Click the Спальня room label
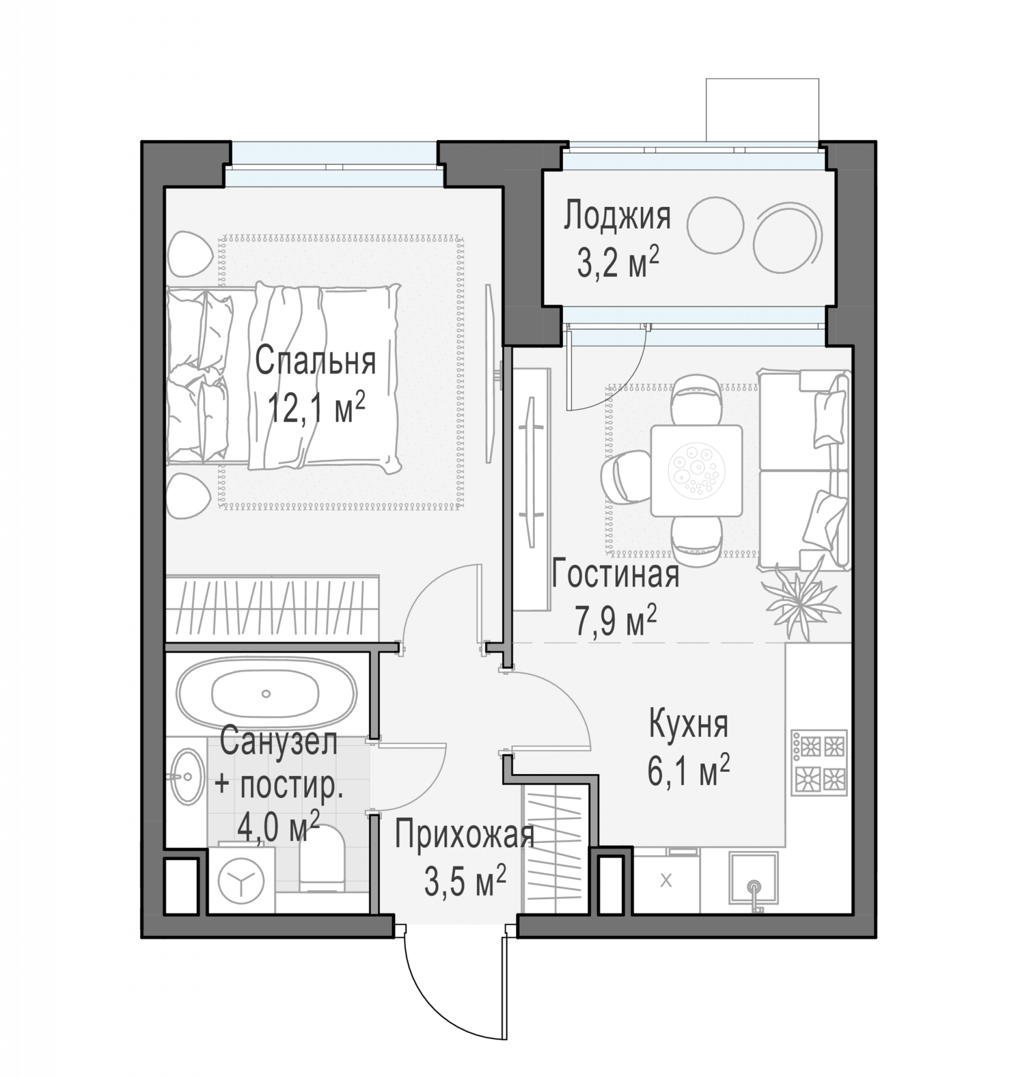point(315,361)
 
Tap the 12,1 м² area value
point(316,407)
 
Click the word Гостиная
point(616,574)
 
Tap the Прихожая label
point(465,834)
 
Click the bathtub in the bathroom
point(266,694)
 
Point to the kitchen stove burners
point(819,763)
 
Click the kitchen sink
point(754,878)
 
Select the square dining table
point(696,470)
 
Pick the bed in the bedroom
point(284,376)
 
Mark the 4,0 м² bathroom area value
point(278,827)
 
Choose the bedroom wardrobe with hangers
point(272,609)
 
